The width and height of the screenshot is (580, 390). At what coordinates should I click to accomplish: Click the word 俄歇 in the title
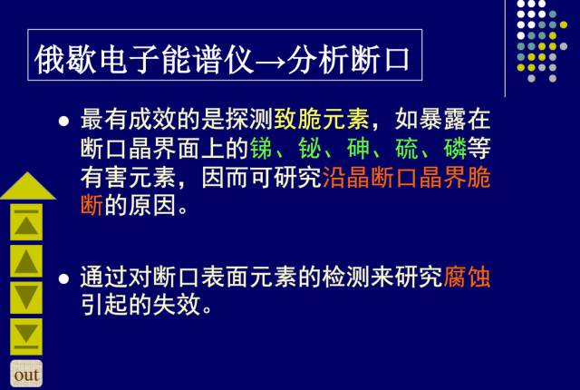(65, 60)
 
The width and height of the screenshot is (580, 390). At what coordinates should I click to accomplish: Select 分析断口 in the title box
(348, 59)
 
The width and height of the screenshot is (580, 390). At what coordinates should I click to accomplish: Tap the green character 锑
(262, 149)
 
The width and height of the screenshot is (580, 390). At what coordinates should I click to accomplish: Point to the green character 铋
(310, 149)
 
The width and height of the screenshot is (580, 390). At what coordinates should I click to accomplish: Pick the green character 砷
(359, 149)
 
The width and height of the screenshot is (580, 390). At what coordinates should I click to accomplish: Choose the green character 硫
(407, 149)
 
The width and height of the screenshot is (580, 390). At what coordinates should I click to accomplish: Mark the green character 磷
(455, 149)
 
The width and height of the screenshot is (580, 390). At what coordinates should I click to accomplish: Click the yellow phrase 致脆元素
(322, 119)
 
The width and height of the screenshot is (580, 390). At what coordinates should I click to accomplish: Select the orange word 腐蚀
(467, 278)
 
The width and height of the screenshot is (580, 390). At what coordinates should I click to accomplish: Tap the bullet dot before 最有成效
(63, 121)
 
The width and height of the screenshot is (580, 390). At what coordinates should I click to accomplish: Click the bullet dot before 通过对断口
(63, 279)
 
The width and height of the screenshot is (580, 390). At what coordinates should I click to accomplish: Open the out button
(26, 374)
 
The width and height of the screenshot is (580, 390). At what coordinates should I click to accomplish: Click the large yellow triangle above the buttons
(28, 186)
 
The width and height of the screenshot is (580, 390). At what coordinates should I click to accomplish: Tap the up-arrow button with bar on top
(26, 223)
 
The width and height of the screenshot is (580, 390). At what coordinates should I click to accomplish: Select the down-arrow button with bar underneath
(26, 336)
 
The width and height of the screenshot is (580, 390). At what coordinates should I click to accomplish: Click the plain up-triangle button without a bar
(26, 261)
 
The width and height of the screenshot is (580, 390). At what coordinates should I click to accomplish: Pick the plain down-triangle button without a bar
(26, 297)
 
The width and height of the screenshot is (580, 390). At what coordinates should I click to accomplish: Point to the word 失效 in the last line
(177, 305)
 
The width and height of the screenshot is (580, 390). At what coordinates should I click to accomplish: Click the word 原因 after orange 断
(152, 205)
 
